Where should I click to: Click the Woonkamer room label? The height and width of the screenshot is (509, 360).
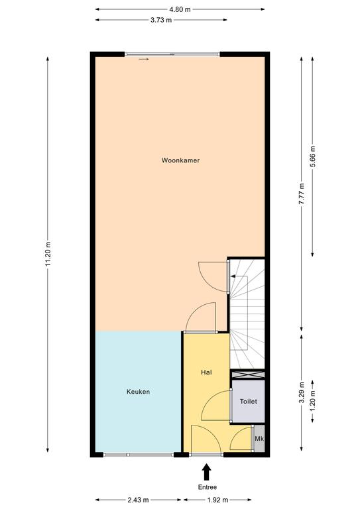click(180, 160)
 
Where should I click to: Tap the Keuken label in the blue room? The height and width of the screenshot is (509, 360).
click(139, 392)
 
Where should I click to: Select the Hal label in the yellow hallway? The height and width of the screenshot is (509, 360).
click(206, 372)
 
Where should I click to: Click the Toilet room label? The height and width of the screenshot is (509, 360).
click(249, 402)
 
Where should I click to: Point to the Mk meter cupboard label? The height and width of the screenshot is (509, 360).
click(259, 439)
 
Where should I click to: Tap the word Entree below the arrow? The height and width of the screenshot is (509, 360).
click(208, 487)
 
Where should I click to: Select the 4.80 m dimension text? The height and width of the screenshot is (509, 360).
click(180, 9)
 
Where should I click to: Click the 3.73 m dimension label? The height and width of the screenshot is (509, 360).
click(161, 20)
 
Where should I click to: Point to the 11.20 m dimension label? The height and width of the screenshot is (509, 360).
click(48, 254)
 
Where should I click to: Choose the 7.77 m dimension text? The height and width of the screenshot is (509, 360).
click(302, 194)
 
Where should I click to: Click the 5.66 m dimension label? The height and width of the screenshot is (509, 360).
click(313, 156)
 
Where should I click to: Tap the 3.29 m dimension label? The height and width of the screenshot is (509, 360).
click(302, 392)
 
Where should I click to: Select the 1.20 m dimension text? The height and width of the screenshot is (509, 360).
click(313, 401)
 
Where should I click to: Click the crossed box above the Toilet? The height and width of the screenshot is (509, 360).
click(247, 374)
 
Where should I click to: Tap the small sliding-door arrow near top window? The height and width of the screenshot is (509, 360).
click(143, 60)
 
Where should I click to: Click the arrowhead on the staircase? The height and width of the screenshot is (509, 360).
click(233, 276)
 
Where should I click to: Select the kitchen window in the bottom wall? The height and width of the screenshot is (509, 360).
click(139, 455)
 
